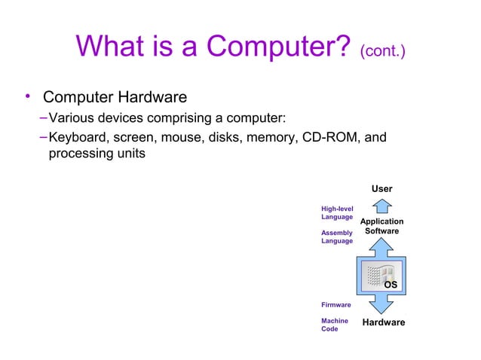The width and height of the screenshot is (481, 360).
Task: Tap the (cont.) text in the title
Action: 384,53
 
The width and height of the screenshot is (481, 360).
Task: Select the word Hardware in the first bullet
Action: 149,98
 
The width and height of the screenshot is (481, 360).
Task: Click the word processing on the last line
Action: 80,154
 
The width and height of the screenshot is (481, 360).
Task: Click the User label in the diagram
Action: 381,188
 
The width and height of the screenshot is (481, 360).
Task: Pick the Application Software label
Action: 381,226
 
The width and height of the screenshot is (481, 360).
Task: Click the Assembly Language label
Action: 336,237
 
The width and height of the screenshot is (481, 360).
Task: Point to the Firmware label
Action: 335,305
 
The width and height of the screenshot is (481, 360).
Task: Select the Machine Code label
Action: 335,325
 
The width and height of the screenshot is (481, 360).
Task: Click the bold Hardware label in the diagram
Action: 384,322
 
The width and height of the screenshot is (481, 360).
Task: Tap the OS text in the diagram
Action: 391,285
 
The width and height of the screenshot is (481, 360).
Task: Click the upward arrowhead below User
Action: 381,204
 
